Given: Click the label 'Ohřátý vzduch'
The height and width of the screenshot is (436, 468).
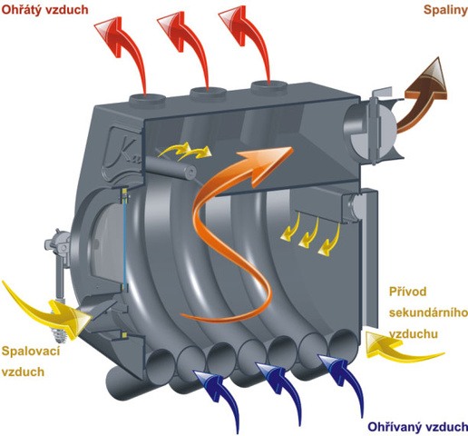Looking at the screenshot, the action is [44, 10].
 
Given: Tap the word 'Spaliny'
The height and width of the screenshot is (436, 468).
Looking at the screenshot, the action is [445, 10].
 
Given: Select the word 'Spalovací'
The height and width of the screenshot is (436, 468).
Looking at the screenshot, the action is [31, 352].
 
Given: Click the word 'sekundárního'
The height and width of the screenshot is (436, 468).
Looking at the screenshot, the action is [428, 312].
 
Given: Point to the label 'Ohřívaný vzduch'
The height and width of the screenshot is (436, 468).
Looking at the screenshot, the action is [417, 427].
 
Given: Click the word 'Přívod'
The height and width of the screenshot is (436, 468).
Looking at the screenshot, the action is [407, 292].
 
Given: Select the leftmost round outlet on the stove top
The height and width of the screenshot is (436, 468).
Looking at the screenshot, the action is [148, 99].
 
